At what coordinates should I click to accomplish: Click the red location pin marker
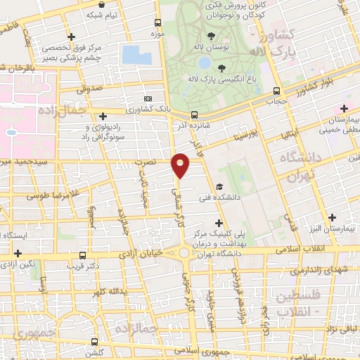click(181, 165)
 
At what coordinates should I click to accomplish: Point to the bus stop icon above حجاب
click(276, 91)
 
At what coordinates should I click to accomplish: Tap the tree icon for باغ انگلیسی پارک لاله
click(221, 68)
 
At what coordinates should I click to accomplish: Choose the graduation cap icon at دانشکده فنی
click(220, 187)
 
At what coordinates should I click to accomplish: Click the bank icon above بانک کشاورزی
click(148, 99)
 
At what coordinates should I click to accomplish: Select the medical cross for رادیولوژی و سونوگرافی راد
click(103, 116)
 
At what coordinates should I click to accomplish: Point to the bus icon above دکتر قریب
click(83, 255)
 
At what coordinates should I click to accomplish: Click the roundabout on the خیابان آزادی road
click(184, 252)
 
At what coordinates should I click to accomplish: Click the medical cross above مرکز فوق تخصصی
click(70, 37)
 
